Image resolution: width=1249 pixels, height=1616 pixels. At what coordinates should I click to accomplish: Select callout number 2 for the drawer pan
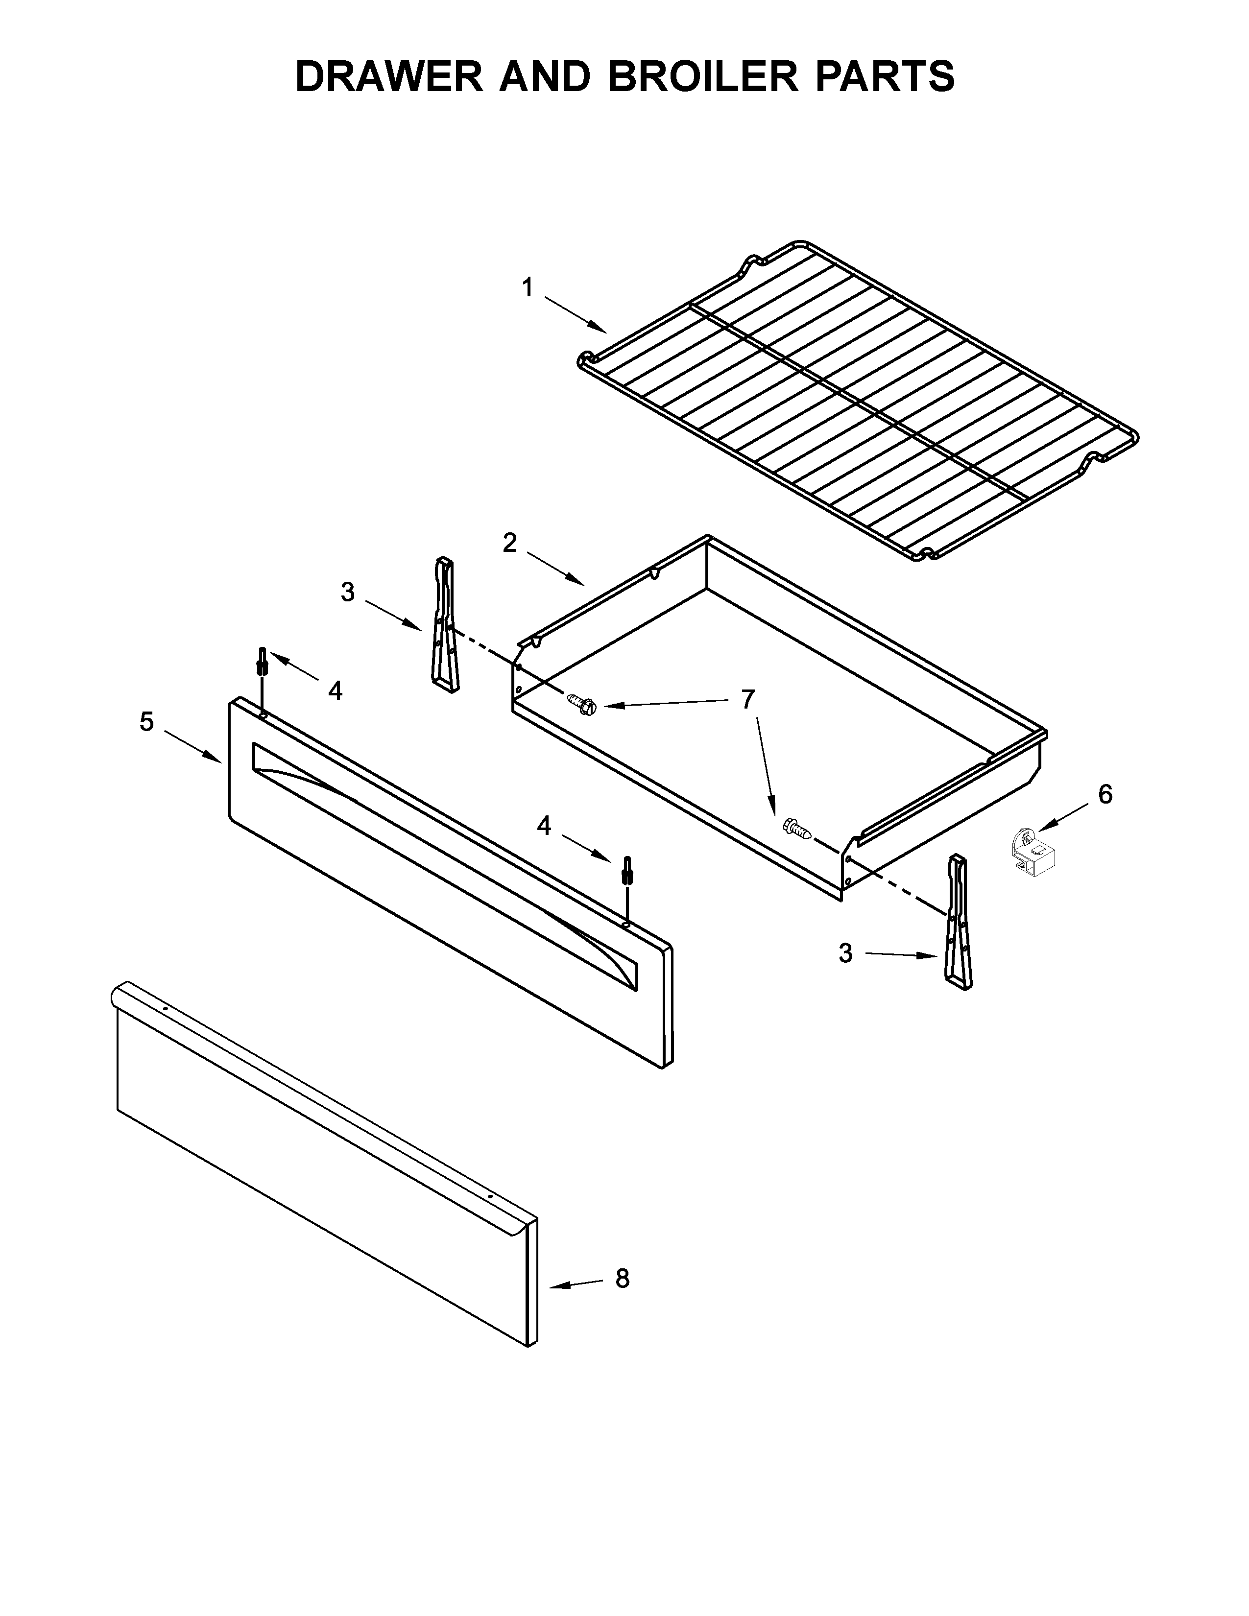510,543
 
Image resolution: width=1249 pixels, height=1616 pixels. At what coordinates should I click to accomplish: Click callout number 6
1105,795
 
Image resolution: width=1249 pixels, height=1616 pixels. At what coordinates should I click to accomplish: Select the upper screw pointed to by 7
582,704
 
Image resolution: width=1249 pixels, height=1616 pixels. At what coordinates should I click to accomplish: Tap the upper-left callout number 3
348,592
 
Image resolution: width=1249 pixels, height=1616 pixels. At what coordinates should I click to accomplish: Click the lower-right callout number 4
544,826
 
